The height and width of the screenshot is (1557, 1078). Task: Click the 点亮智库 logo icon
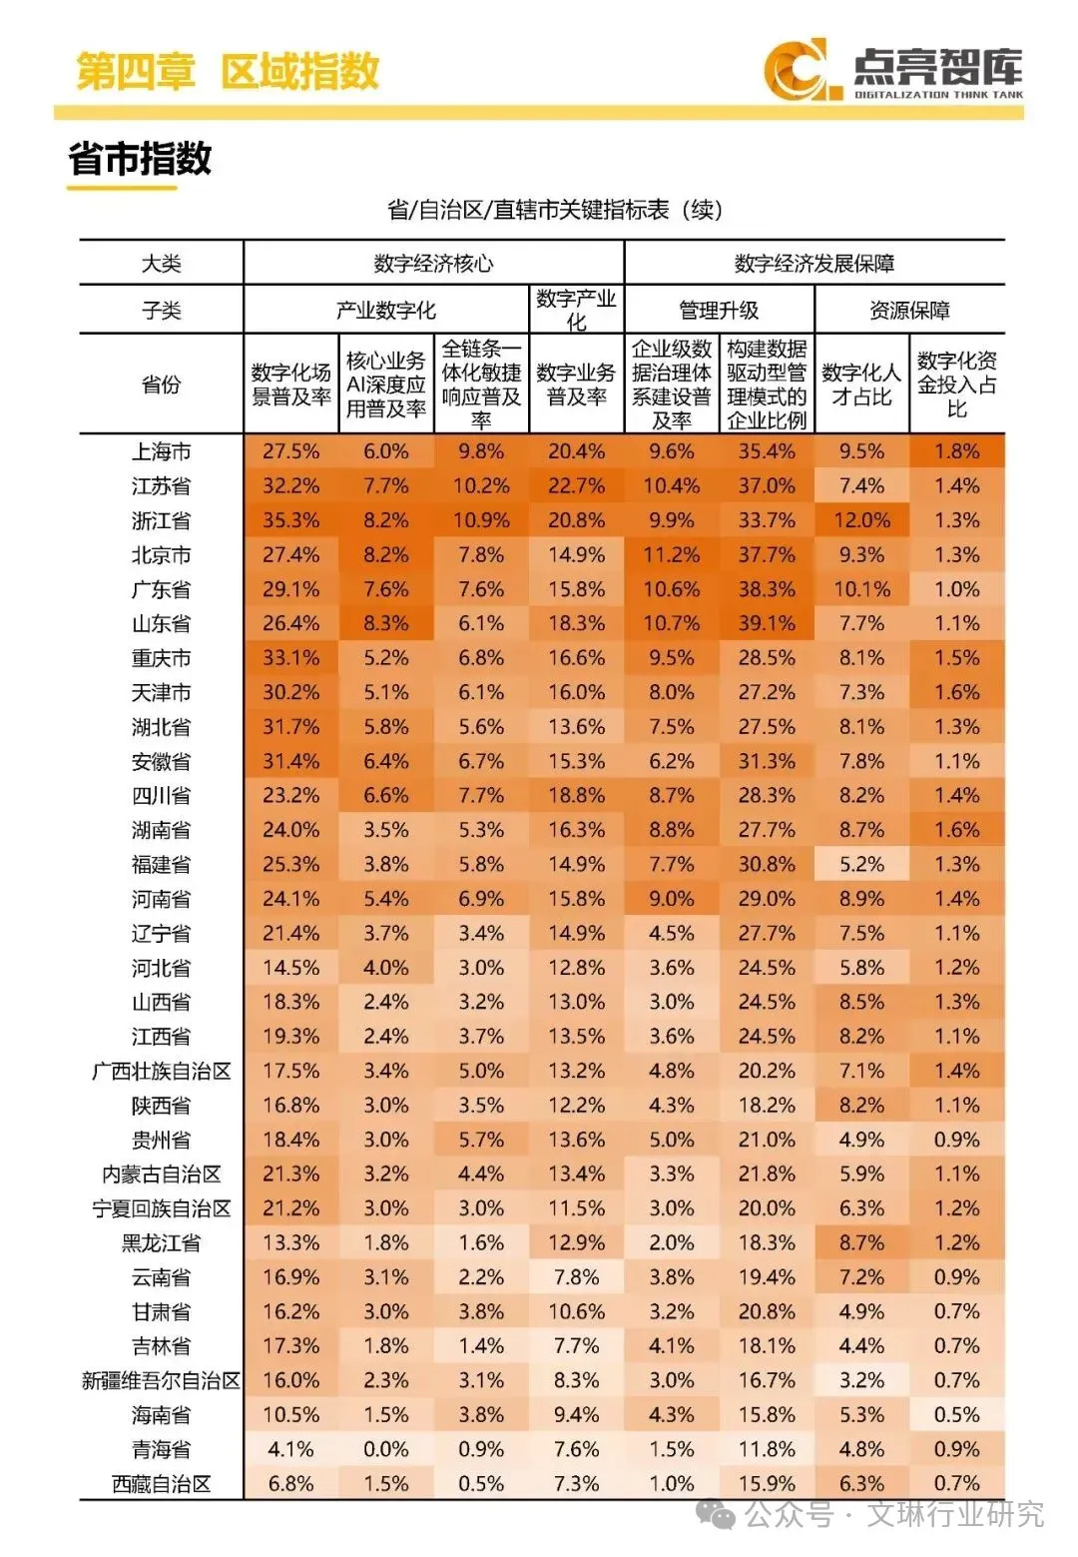click(x=796, y=69)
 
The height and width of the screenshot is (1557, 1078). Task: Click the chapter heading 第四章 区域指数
click(x=228, y=71)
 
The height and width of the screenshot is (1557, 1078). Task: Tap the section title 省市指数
click(x=140, y=159)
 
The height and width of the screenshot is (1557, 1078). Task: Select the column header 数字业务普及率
click(x=576, y=385)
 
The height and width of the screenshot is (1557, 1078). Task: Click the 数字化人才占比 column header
click(x=861, y=385)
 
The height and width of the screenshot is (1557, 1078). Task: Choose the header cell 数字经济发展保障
click(x=813, y=264)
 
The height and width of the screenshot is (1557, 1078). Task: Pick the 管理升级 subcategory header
click(x=719, y=311)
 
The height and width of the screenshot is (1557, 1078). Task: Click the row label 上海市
click(x=161, y=451)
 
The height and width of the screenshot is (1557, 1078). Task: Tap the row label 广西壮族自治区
click(x=161, y=1072)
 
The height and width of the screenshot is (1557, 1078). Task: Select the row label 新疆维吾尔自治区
click(x=161, y=1381)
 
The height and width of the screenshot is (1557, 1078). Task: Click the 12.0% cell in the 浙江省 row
click(x=861, y=520)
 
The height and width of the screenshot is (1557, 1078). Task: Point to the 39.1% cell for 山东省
click(x=767, y=624)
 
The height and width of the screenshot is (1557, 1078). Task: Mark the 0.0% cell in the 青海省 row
click(x=386, y=1450)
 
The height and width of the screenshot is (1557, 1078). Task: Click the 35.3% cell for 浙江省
click(x=290, y=520)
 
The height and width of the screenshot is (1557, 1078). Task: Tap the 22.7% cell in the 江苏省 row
click(x=576, y=486)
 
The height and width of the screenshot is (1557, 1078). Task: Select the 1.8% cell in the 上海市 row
click(x=956, y=451)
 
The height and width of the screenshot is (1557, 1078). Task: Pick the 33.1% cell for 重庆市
click(x=290, y=658)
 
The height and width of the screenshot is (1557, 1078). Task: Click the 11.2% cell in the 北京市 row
click(x=671, y=555)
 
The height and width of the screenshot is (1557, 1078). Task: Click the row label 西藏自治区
click(x=161, y=1484)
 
